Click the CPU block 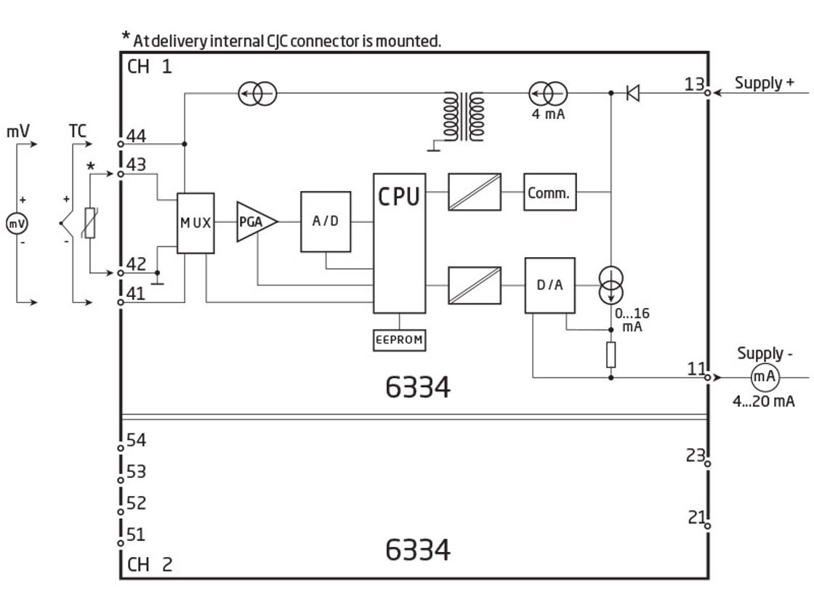pyautogui.click(x=399, y=243)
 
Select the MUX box pyautogui.click(x=196, y=223)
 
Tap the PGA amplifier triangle pyautogui.click(x=254, y=222)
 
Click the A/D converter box pyautogui.click(x=326, y=221)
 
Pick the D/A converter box pyautogui.click(x=549, y=285)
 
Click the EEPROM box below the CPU pyautogui.click(x=399, y=340)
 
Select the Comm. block pyautogui.click(x=549, y=192)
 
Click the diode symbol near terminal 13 pyautogui.click(x=632, y=93)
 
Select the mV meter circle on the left pyautogui.click(x=16, y=224)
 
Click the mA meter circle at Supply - pyautogui.click(x=763, y=378)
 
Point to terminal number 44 pyautogui.click(x=136, y=135)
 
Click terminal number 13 pyautogui.click(x=694, y=84)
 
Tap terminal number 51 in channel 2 pyautogui.click(x=136, y=534)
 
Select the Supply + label pyautogui.click(x=764, y=82)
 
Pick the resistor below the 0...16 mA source pyautogui.click(x=610, y=355)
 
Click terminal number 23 pyautogui.click(x=694, y=455)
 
